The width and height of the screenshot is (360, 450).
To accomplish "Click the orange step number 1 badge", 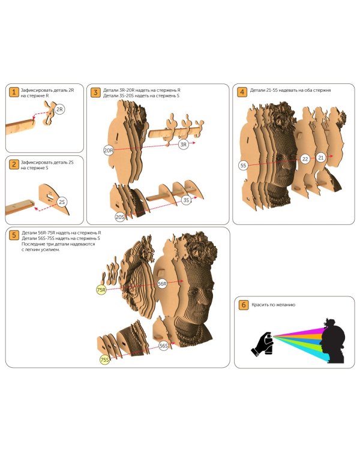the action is click(14, 92).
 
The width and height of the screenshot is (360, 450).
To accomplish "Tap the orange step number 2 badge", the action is click(14, 164).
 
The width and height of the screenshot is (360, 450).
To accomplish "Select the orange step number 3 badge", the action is click(95, 92).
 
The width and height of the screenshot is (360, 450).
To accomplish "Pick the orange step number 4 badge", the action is click(242, 92).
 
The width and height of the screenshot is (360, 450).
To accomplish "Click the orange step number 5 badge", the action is click(14, 235).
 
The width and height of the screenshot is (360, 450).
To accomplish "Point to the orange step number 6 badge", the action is click(244, 304).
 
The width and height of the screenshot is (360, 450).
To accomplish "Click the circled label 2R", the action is click(59, 109).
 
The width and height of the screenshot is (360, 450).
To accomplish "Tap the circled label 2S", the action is click(62, 202).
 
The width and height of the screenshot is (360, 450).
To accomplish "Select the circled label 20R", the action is click(109, 150).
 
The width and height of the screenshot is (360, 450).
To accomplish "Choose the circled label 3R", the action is click(183, 145).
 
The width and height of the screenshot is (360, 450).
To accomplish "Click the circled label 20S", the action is click(120, 217).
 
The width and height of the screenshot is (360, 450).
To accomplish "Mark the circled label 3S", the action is click(187, 200).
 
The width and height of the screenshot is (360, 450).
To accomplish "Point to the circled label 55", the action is click(243, 166).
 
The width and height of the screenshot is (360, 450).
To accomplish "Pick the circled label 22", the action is click(305, 159).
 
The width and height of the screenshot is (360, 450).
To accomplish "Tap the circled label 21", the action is click(321, 157).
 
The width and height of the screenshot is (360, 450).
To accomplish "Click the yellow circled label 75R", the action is click(101, 290).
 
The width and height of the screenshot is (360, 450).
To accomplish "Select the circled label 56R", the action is click(162, 284).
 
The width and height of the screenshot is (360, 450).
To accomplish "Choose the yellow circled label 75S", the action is click(105, 359).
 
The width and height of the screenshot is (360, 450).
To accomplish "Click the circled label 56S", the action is click(164, 346).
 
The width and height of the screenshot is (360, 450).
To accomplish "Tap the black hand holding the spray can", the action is click(262, 344).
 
